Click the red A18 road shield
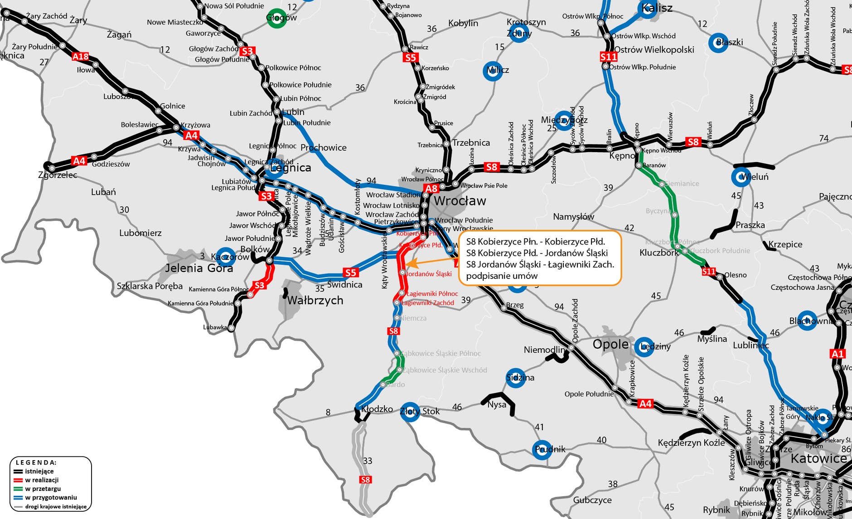(81, 57)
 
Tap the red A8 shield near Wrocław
(431, 188)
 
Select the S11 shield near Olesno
(709, 271)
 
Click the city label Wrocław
(460, 201)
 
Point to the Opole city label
(610, 344)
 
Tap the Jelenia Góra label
(199, 268)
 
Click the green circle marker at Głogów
(276, 18)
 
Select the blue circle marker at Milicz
(493, 71)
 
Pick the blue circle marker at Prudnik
(542, 450)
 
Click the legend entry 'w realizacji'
(42, 480)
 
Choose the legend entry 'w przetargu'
(43, 489)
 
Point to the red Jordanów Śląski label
(429, 274)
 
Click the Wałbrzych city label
(315, 300)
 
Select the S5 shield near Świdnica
(350, 273)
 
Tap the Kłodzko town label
(377, 409)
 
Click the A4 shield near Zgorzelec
(79, 161)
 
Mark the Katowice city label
(818, 458)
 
